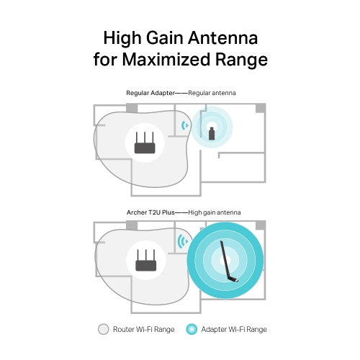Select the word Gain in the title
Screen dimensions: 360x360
click(x=165, y=37)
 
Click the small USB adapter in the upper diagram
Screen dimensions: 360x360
click(x=211, y=133)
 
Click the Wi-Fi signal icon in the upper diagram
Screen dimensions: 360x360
click(x=185, y=126)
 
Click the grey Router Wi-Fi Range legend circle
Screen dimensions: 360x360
click(x=103, y=329)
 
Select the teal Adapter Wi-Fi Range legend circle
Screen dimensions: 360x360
click(x=192, y=329)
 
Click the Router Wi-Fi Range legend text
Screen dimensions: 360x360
click(x=144, y=329)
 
